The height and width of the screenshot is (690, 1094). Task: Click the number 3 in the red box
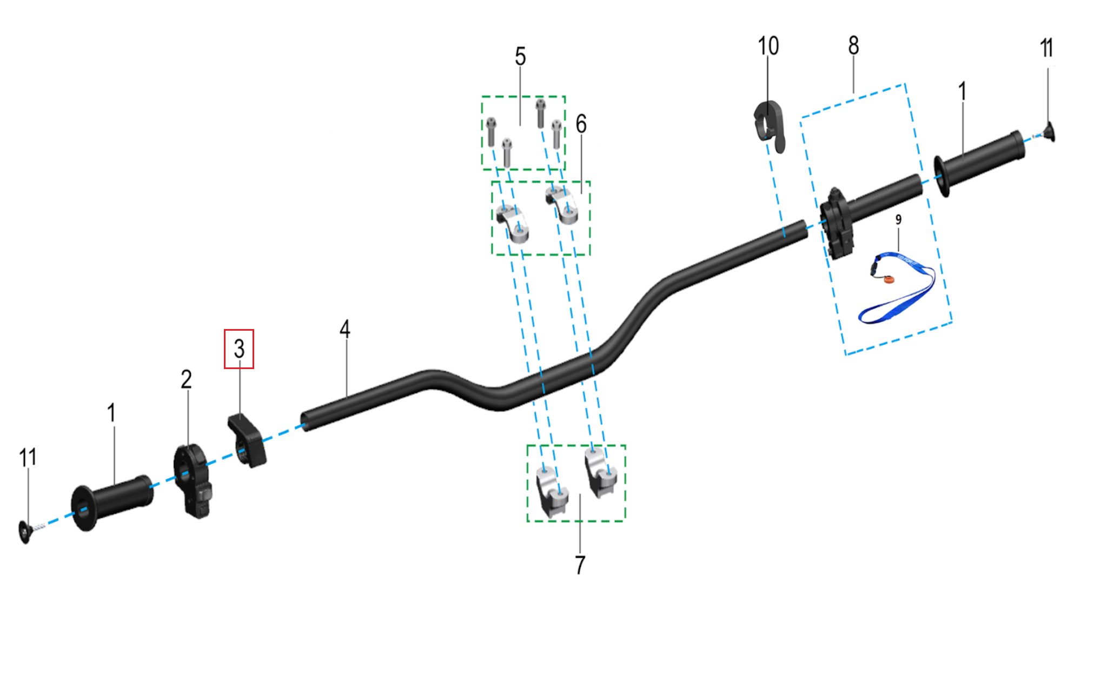(x=239, y=349)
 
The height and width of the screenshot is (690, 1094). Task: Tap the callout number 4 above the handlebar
(x=345, y=329)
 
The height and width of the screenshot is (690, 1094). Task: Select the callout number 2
(x=186, y=380)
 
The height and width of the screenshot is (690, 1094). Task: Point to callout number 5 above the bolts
(x=520, y=57)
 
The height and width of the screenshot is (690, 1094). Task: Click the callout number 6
(x=581, y=124)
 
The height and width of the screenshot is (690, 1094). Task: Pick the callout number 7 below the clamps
(x=580, y=565)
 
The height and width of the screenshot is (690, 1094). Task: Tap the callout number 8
(x=853, y=46)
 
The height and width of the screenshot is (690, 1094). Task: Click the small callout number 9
(x=898, y=220)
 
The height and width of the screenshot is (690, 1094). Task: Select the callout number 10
(x=768, y=46)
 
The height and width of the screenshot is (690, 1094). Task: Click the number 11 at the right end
(x=1046, y=49)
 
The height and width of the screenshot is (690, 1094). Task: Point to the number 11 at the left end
(x=28, y=458)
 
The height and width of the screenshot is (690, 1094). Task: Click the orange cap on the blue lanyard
(x=888, y=279)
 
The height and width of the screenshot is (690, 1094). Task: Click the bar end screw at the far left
(x=25, y=532)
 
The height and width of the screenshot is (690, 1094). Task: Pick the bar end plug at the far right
(x=1050, y=132)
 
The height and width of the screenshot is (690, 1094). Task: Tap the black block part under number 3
(x=247, y=440)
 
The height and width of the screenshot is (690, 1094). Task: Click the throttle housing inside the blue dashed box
(x=837, y=223)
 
